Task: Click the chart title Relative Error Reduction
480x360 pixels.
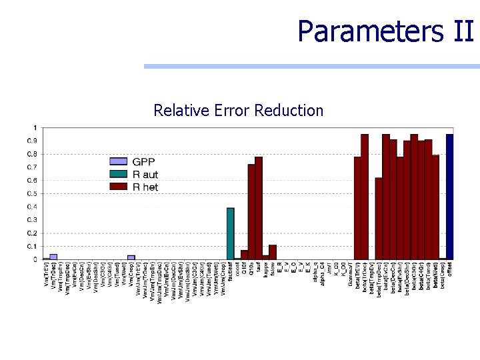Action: (x=238, y=110)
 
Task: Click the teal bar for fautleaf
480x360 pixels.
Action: (x=230, y=233)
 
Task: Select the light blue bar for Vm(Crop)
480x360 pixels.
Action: (x=131, y=257)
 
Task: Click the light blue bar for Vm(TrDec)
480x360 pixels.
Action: (x=53, y=256)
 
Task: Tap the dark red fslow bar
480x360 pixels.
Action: (x=273, y=252)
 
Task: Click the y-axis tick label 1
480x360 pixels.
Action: (x=35, y=127)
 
